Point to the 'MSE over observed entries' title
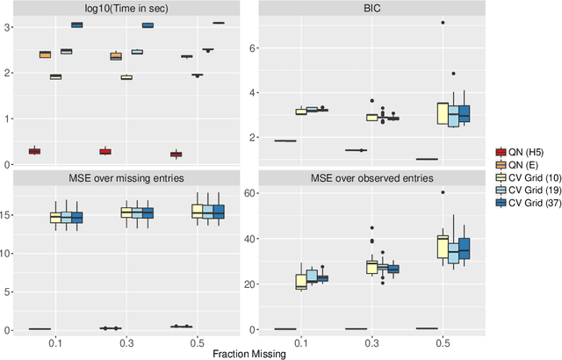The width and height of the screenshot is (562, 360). coord(373,179)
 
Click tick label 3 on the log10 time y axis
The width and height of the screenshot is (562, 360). coord(7,27)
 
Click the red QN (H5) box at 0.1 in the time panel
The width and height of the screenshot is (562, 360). coord(34,151)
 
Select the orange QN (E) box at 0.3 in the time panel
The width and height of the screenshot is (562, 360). coord(115,56)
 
